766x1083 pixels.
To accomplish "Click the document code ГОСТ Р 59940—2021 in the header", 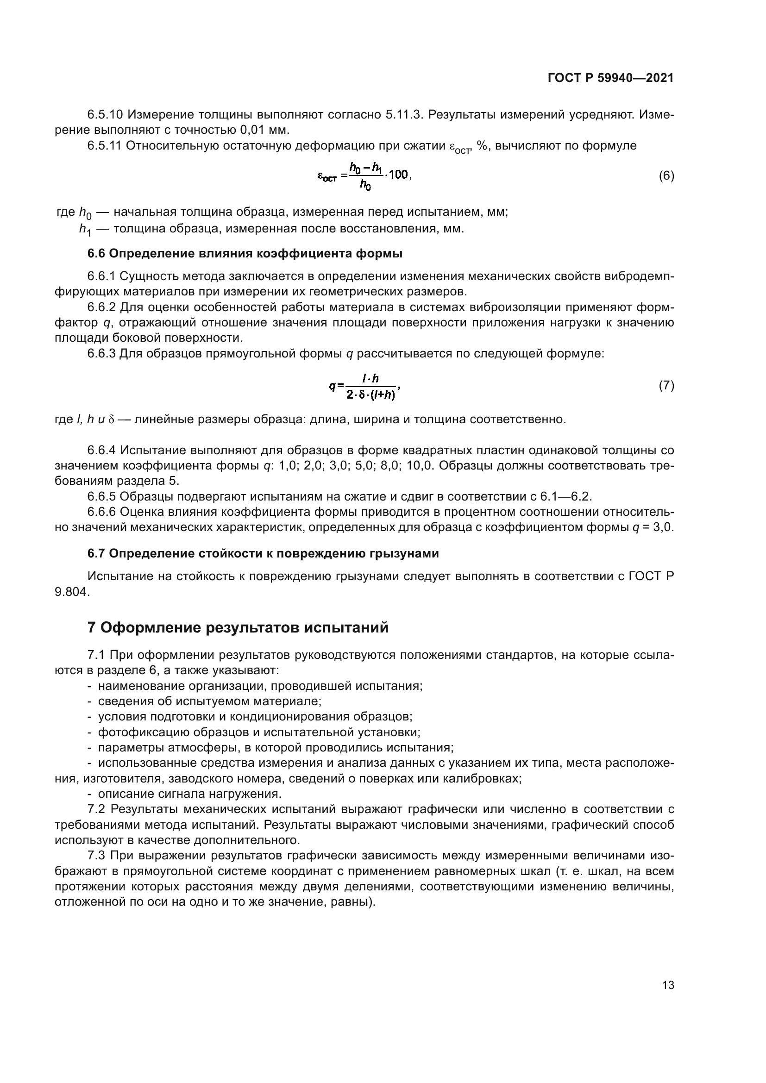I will click(x=610, y=78).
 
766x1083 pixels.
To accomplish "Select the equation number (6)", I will click(x=666, y=176).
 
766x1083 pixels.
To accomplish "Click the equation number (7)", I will click(x=666, y=386).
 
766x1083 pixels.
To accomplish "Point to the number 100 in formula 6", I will click(x=400, y=175).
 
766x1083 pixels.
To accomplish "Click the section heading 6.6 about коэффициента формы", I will click(x=245, y=254).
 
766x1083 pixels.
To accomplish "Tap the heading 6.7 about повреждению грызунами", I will click(x=263, y=553).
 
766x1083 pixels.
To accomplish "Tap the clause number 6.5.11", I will click(x=104, y=146).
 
